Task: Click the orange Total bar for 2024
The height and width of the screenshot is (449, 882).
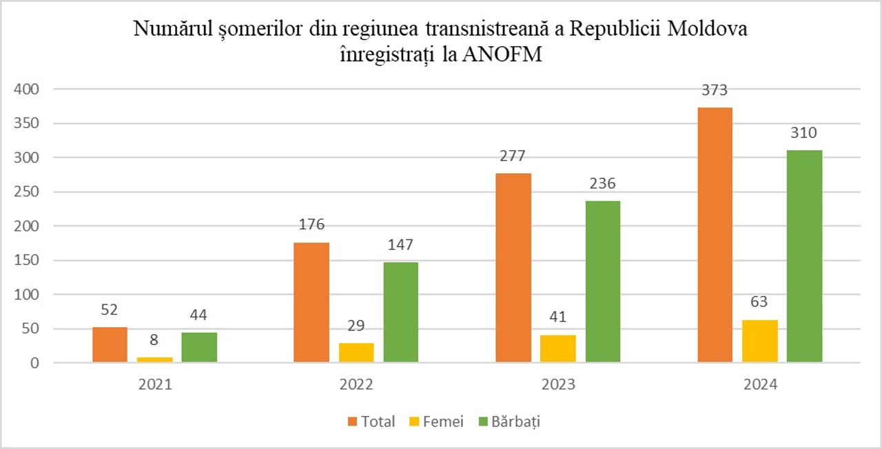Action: point(715,235)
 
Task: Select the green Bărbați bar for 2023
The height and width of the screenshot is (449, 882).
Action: point(603,282)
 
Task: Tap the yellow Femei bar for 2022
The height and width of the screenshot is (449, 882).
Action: point(356,353)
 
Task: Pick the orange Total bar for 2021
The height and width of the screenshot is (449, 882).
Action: point(110,344)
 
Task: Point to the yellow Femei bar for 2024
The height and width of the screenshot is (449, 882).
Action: point(759,341)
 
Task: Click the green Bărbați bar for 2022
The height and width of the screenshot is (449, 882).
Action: point(401,312)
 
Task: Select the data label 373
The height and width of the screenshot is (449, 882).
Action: point(715,90)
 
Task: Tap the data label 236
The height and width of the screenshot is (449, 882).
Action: point(603,184)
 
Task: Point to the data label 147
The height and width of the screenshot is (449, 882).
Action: point(401,245)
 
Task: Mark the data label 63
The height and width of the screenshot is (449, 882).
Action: point(759,302)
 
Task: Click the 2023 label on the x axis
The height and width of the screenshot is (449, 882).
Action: point(558,385)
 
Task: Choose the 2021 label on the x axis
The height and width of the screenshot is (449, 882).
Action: point(154,385)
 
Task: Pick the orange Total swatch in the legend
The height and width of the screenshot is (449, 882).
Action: point(352,421)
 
